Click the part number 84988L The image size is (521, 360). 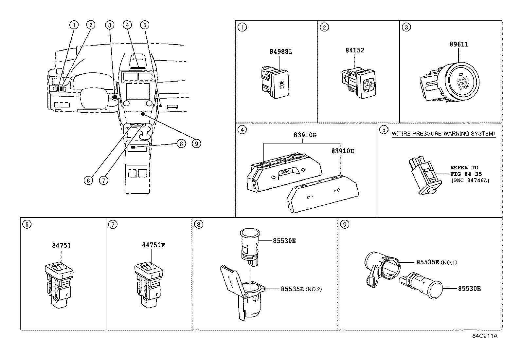coord(281,51)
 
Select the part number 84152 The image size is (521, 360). coord(354,50)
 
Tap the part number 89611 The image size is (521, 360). coord(459,44)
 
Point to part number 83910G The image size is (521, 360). coord(305,135)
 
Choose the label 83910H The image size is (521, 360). coord(343,151)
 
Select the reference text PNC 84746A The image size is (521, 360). coord(470,180)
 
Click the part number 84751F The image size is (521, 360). coord(153,245)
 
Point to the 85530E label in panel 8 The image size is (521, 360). coord(284,241)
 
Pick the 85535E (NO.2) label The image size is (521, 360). coord(301,289)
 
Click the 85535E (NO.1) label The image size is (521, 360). coord(437,262)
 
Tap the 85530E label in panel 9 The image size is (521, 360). coord(469,289)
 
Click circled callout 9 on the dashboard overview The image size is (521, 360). coord(196,144)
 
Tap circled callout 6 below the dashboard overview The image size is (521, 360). coord(88,180)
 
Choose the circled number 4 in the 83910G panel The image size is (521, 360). coord(242,130)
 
